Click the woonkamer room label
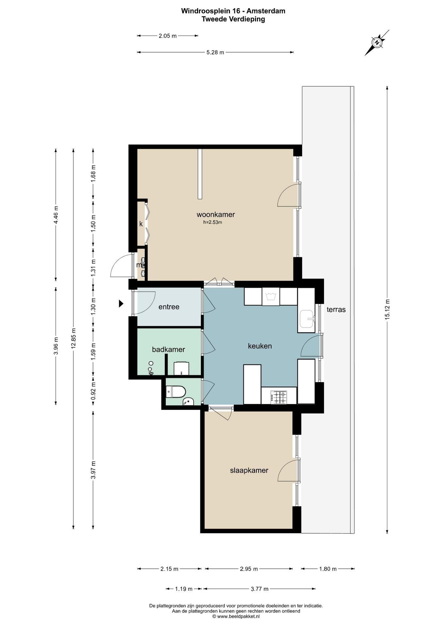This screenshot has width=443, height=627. [216, 215]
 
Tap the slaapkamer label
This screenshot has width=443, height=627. [249, 471]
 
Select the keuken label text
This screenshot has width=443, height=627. [260, 346]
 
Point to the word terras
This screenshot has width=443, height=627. [336, 309]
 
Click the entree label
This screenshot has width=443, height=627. [169, 307]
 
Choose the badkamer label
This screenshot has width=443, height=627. [168, 349]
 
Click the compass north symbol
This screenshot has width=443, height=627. [377, 43]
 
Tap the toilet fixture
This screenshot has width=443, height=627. [176, 392]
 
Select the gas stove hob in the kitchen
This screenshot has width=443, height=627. [278, 397]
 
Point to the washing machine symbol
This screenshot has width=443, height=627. [271, 297]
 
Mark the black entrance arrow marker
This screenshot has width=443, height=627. [121, 304]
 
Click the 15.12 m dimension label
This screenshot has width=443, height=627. [387, 309]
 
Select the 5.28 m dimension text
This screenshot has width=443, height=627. [215, 52]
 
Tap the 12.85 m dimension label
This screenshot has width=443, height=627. [73, 338]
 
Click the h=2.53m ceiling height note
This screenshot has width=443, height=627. [213, 222]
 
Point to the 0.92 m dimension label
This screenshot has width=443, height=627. [93, 391]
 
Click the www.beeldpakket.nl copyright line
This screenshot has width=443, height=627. [236, 617]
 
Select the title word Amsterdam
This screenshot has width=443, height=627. [266, 11]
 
